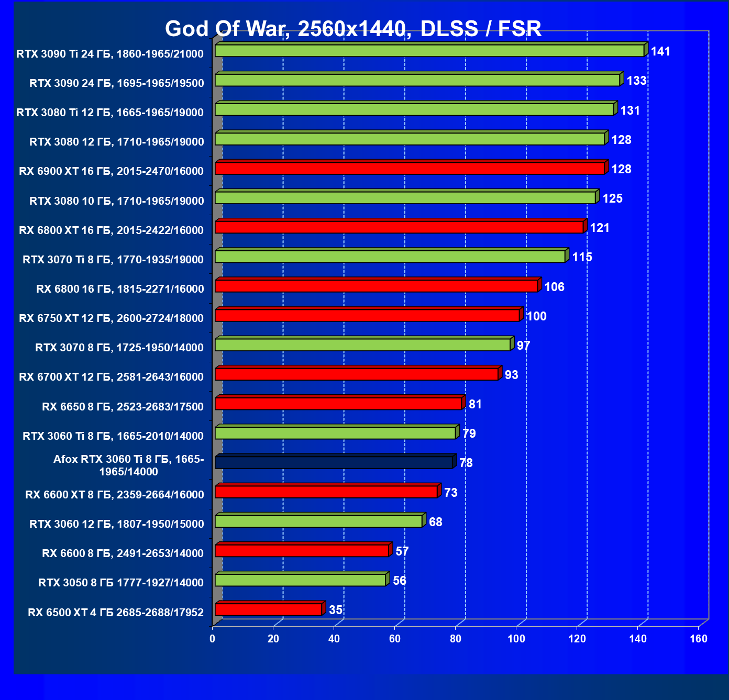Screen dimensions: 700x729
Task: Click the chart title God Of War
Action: point(353,29)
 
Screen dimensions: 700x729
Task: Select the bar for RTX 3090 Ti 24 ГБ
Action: point(429,51)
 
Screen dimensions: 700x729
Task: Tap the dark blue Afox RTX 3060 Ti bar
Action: point(334,462)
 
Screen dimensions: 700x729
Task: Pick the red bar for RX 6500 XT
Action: point(268,609)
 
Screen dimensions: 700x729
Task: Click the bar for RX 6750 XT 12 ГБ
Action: point(367,316)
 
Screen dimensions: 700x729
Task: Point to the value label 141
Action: point(660,51)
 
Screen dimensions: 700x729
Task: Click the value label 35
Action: point(335,610)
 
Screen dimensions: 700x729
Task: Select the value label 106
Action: point(554,287)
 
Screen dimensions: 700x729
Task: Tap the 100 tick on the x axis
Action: point(516,639)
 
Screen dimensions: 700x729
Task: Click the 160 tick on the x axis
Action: point(699,639)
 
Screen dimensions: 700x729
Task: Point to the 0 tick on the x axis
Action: point(212,639)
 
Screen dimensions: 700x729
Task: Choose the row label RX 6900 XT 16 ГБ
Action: point(111,171)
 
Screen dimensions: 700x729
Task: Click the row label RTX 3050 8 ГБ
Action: point(121,583)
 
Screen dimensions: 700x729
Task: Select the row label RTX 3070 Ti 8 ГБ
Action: point(113,259)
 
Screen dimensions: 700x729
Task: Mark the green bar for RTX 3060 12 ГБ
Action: point(318,521)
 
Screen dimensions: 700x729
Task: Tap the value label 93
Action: point(511,375)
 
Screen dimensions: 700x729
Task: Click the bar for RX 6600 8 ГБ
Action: point(302,551)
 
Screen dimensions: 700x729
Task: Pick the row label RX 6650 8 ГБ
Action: point(123,407)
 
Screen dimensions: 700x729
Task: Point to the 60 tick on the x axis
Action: point(395,639)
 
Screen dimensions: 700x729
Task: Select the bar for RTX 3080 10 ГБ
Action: point(405,198)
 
